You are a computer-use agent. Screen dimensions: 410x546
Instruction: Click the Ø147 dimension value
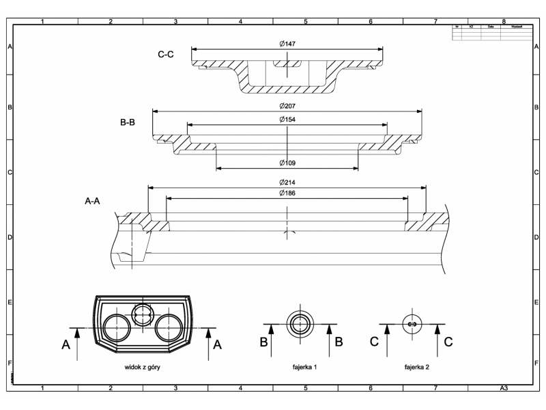coord(287,44)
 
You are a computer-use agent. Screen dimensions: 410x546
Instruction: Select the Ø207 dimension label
coord(287,107)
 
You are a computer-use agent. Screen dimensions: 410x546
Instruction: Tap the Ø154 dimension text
coord(287,120)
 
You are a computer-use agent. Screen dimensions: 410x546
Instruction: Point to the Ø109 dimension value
coord(287,163)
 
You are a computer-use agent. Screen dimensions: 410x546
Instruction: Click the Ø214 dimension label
coord(287,183)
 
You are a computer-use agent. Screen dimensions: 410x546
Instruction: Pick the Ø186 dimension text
coord(287,193)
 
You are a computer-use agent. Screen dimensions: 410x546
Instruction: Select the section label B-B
coord(128,123)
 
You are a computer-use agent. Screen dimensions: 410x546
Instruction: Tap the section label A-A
coord(94,202)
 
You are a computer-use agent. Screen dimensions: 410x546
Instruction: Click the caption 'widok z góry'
coord(143,367)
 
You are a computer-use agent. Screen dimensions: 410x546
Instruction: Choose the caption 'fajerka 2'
coord(416,367)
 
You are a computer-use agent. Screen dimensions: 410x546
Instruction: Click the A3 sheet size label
coord(503,387)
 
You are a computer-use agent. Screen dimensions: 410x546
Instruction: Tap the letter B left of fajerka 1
coord(263,342)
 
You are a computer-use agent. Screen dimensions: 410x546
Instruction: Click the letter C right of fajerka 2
coord(448,342)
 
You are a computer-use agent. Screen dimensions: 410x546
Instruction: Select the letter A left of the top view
coord(67,345)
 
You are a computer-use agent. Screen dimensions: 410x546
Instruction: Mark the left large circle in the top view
coord(117,328)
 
